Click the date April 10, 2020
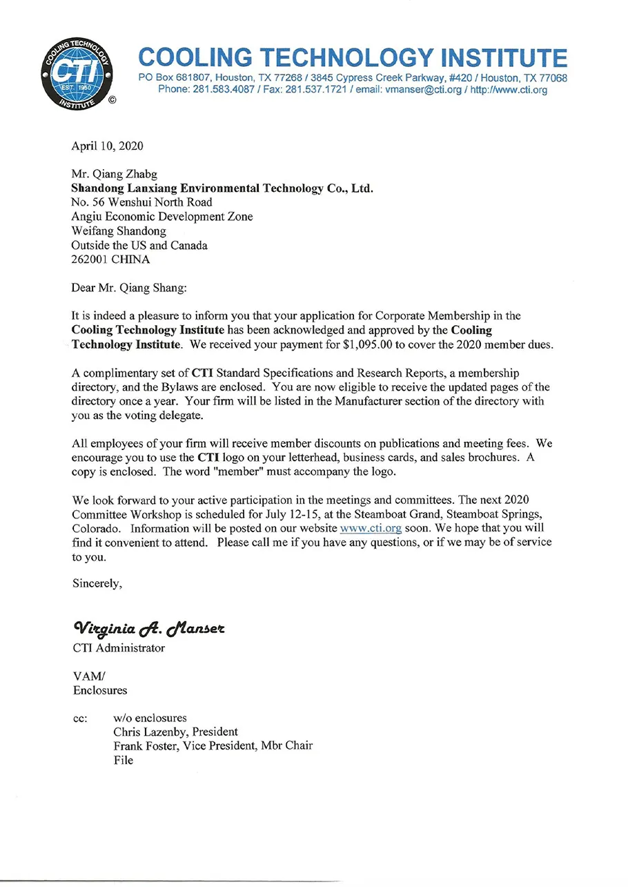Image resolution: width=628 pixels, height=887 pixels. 108,146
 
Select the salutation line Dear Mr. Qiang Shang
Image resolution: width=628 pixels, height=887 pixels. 131,289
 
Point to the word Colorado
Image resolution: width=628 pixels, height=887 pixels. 95,528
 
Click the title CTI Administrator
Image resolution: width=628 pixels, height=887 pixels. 119,648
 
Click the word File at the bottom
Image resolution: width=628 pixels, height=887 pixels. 124,760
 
